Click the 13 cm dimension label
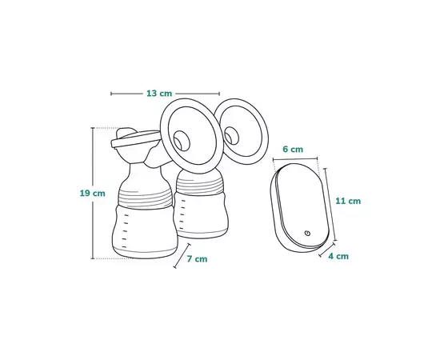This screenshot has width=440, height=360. [x=159, y=93]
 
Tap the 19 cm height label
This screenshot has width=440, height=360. [x=92, y=194]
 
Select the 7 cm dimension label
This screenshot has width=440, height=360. [x=197, y=259]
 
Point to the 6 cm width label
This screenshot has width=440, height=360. [x=293, y=149]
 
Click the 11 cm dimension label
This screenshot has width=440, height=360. [x=348, y=201]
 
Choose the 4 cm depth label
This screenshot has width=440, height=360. [x=338, y=256]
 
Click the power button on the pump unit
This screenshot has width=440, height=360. [x=308, y=233]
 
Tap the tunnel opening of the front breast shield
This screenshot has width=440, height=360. [x=182, y=141]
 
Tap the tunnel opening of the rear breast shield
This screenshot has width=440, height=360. [x=231, y=136]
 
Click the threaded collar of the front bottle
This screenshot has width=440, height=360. [x=145, y=198]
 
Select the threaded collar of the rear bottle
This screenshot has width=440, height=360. [x=200, y=186]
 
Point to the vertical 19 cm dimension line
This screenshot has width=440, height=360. [x=93, y=193]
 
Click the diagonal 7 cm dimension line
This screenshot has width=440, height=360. [x=182, y=256]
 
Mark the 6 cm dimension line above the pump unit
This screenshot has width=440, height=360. [x=295, y=159]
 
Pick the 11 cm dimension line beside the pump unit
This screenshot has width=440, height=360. [x=330, y=204]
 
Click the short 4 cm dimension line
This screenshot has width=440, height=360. [x=327, y=250]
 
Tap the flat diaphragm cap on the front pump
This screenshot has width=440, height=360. [x=135, y=139]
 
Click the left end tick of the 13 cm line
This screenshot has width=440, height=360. [x=111, y=94]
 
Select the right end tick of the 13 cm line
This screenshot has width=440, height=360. [x=219, y=94]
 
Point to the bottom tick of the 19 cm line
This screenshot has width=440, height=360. [x=93, y=258]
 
